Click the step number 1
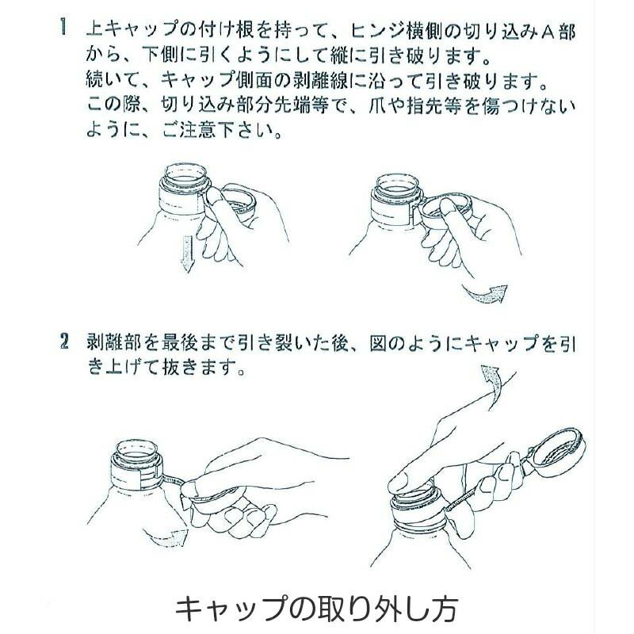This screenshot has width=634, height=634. click(63, 29)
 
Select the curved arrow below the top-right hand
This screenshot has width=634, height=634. click(485, 295)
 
